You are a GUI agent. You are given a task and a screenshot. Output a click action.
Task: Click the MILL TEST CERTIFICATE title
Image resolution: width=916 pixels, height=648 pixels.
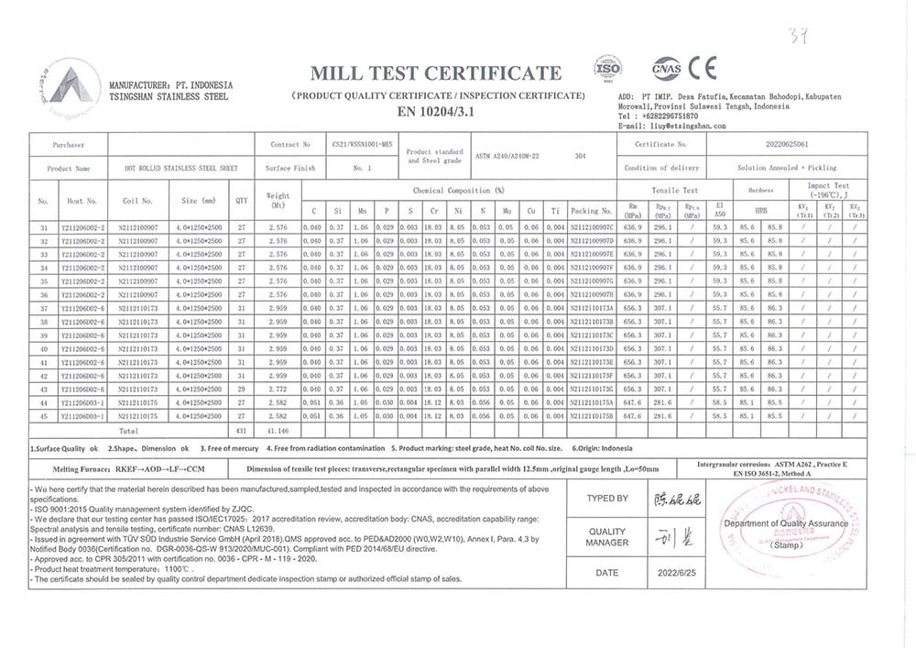436,73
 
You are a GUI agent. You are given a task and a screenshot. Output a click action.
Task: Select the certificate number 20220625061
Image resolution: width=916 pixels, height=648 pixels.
787,144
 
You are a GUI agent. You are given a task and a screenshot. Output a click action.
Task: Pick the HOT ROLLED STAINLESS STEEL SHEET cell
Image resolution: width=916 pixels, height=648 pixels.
168,169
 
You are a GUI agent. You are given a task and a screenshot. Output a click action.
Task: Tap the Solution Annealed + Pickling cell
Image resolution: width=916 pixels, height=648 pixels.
787,169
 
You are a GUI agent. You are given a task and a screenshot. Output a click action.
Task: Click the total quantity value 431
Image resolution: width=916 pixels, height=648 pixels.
242,429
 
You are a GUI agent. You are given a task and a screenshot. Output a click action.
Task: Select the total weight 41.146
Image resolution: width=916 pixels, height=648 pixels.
278,429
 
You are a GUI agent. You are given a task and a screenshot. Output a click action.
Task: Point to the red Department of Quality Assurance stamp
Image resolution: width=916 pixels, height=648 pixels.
786,527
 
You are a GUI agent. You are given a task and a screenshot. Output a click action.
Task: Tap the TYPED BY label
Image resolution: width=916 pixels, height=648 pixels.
607,499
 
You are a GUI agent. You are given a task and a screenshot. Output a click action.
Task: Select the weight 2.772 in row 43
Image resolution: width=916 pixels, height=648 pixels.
278,390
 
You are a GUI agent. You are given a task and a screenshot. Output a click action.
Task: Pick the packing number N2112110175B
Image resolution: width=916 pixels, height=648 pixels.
592,415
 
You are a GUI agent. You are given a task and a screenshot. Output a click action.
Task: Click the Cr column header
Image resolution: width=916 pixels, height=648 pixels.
434,210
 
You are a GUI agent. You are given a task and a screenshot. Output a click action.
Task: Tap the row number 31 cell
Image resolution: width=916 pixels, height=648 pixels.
43,226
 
